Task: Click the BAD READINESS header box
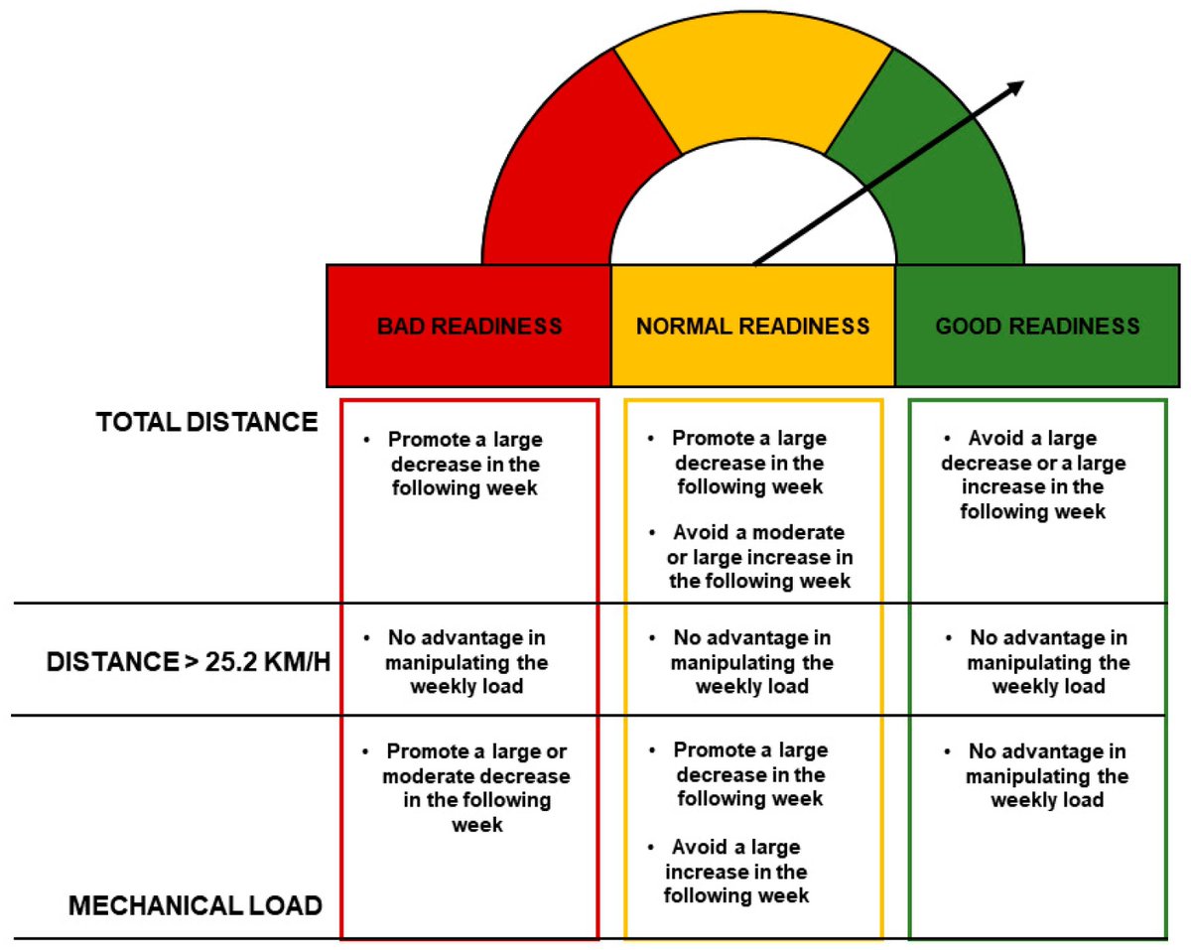pos(468,326)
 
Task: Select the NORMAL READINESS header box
pos(752,326)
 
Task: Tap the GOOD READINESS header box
pos(1037,326)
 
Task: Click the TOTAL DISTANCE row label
pos(206,422)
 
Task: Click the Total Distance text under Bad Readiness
pos(464,463)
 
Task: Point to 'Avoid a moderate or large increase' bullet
pos(759,556)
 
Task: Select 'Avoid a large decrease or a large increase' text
pos(1033,475)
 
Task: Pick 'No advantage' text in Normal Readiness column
pos(751,661)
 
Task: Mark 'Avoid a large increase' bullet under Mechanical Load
pos(735,872)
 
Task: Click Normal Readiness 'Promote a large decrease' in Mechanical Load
pos(749,774)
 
